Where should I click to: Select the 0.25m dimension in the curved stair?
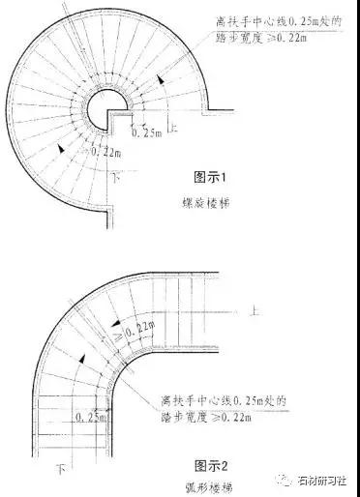tap(91, 417)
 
